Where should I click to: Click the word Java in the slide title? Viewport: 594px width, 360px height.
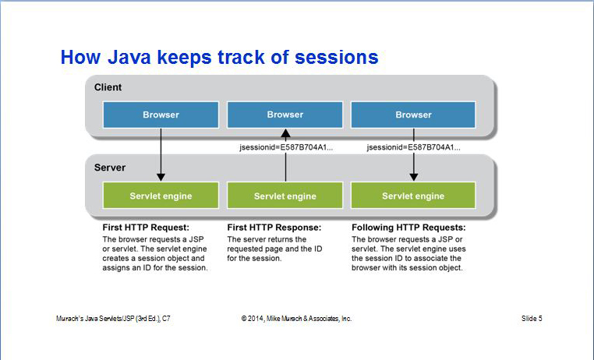point(129,57)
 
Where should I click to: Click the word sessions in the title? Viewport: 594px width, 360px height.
point(337,57)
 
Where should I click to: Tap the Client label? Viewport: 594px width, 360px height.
point(108,87)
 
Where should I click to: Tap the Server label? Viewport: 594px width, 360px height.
point(110,168)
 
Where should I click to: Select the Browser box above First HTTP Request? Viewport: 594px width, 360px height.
point(161,115)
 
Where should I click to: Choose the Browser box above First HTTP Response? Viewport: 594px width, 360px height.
point(285,115)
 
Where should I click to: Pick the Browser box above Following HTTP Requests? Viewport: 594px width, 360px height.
point(413,115)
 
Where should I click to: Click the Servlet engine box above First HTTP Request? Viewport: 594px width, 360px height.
point(161,196)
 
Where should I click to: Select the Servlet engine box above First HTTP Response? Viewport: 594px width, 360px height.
point(285,196)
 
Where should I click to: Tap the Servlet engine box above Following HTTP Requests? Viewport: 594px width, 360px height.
point(413,196)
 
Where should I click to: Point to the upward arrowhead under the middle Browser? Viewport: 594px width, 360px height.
point(285,133)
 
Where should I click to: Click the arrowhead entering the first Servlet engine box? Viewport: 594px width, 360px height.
point(161,177)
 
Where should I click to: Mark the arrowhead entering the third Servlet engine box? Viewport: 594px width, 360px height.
point(414,177)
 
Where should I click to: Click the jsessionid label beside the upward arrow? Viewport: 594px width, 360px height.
point(286,147)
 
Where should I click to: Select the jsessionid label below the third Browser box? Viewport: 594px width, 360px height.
point(414,147)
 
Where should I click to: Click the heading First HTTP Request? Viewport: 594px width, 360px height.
point(146,228)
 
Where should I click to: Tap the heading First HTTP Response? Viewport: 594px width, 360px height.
point(274,228)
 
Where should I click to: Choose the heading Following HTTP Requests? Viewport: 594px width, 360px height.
point(408,228)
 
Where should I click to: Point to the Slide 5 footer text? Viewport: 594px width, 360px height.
point(532,319)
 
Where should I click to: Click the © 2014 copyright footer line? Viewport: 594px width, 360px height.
point(297,319)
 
